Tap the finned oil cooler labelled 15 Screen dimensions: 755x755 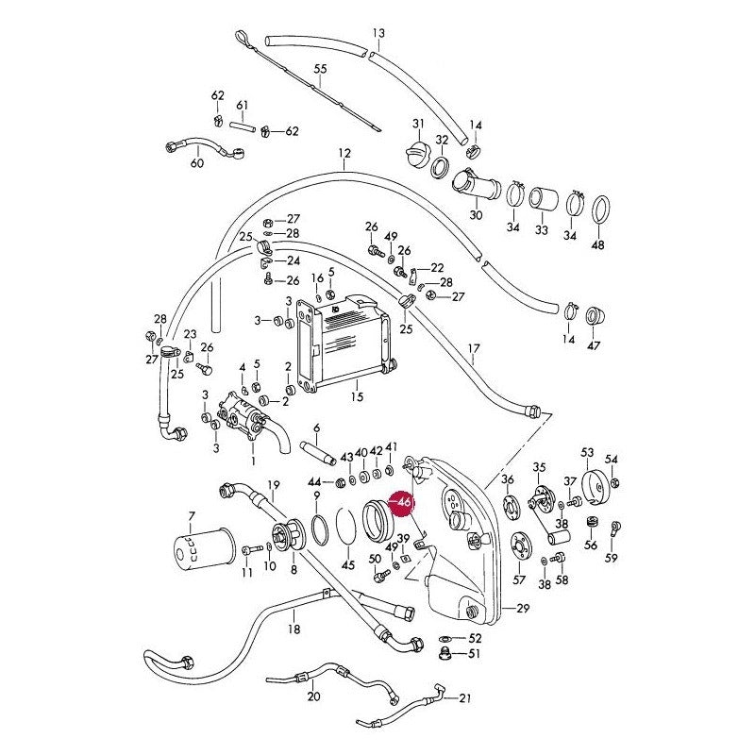coord(344,344)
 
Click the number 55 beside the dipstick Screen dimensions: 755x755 coord(320,69)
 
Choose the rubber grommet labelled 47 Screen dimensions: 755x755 coord(596,317)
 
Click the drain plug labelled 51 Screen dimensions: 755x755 coord(445,654)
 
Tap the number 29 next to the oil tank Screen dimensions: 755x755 coord(523,608)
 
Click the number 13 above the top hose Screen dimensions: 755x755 coord(379,33)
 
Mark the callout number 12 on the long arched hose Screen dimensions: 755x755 coord(344,153)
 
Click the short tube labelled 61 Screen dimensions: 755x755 coord(243,127)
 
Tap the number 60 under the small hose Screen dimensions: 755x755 coord(197,163)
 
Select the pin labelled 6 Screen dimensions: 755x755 coord(318,453)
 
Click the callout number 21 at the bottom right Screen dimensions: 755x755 coord(464,698)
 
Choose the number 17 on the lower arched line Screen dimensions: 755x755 coord(474,348)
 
